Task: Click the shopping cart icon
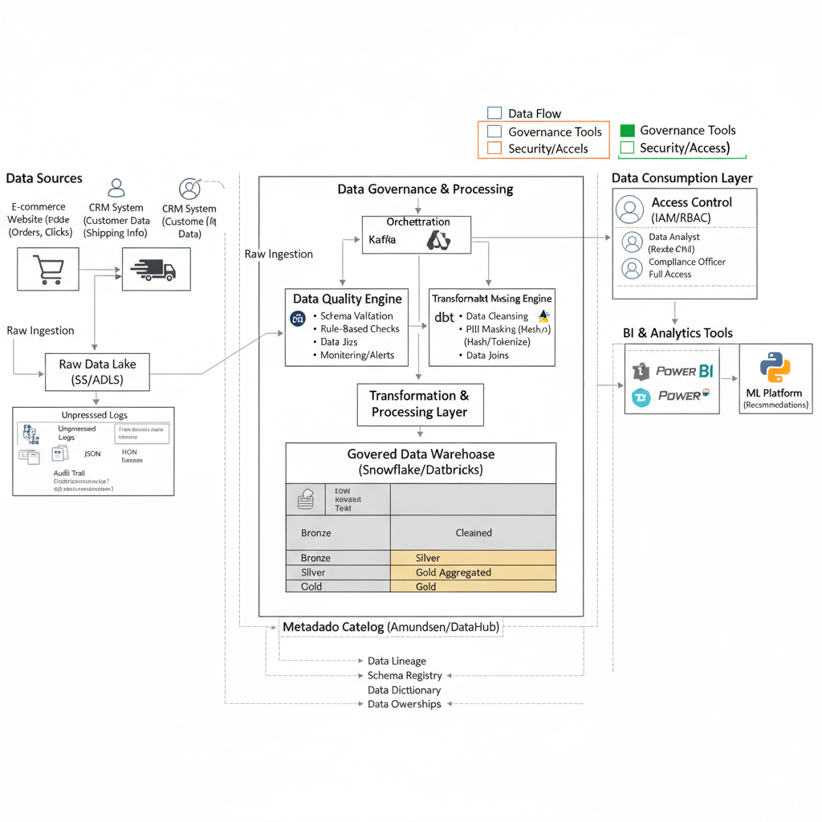tap(47, 269)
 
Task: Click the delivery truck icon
tap(156, 269)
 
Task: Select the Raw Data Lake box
tap(97, 372)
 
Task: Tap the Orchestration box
tap(417, 234)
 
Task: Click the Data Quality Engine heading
tap(347, 299)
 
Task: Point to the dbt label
tap(444, 317)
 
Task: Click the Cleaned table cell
tap(474, 533)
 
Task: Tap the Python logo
tap(775, 368)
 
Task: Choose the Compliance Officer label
tap(686, 262)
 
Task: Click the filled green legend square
tap(628, 130)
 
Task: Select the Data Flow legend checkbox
tap(494, 113)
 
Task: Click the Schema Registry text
tap(405, 675)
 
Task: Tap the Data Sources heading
tap(44, 178)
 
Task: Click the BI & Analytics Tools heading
tap(678, 333)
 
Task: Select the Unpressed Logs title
tap(94, 415)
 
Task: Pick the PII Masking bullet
tap(507, 329)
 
